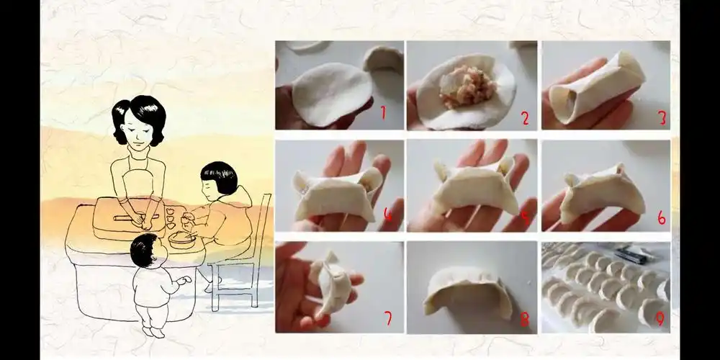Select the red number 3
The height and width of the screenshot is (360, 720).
click(x=662, y=118)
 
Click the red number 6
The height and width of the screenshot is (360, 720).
click(x=661, y=217)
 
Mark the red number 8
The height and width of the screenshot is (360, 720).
click(x=524, y=317)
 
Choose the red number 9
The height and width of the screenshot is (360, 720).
click(x=660, y=318)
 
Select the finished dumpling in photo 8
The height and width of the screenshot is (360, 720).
click(x=468, y=295)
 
